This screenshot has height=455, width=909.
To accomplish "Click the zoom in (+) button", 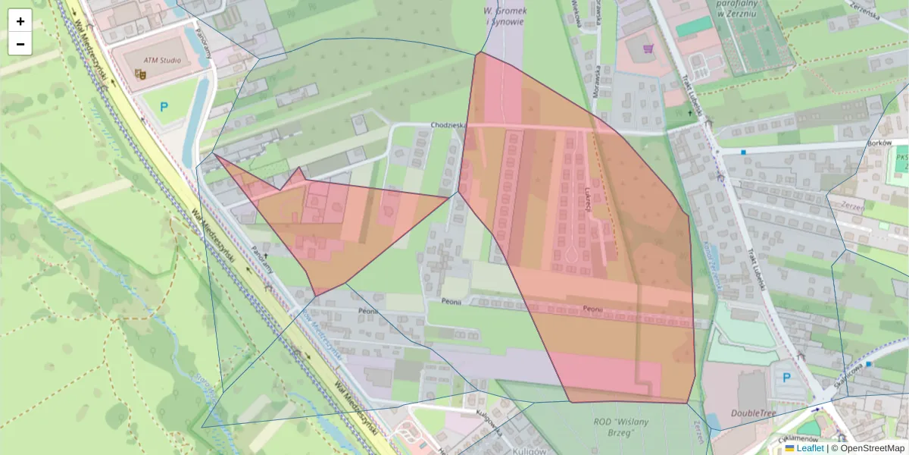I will tap(20, 21).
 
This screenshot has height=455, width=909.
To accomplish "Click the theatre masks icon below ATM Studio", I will tap(139, 74).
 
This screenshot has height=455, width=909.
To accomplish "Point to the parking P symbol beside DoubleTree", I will tap(786, 377).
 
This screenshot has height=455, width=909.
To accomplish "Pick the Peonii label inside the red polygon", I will tap(593, 309).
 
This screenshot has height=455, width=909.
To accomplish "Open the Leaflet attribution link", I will tap(810, 448).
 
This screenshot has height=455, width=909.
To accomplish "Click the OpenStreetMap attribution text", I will tap(872, 448).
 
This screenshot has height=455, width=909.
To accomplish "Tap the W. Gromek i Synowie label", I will tap(504, 16).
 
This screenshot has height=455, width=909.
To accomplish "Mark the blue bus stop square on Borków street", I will tap(744, 152).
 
